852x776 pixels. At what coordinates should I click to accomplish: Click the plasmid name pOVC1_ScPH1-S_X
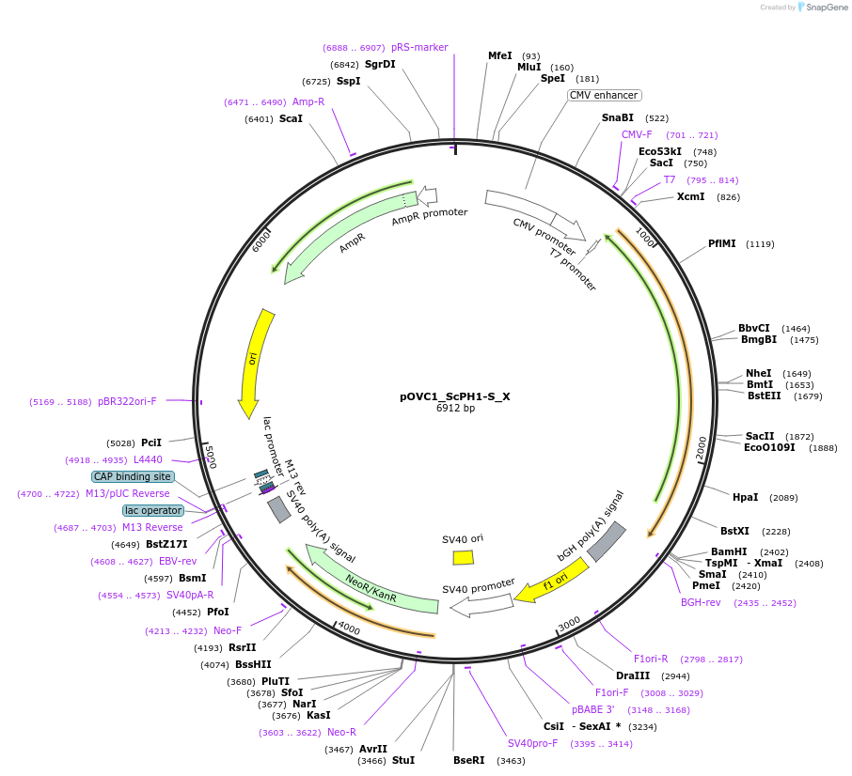pyautogui.click(x=455, y=396)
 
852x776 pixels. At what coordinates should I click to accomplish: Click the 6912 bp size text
pyautogui.click(x=455, y=409)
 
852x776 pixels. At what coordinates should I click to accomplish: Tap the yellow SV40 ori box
pyautogui.click(x=463, y=557)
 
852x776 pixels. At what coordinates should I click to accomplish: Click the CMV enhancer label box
pyautogui.click(x=604, y=95)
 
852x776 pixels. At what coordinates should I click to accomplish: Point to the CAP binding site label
pyautogui.click(x=133, y=476)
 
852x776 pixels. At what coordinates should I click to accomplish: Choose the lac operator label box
pyautogui.click(x=153, y=510)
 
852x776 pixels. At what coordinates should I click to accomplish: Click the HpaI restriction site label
pyautogui.click(x=745, y=497)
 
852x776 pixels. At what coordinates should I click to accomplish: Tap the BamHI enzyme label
pyautogui.click(x=729, y=551)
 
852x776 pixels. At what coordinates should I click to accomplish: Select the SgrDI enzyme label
pyautogui.click(x=380, y=65)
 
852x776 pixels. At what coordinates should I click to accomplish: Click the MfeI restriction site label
pyautogui.click(x=500, y=56)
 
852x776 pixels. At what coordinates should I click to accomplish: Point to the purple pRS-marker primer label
pyautogui.click(x=419, y=47)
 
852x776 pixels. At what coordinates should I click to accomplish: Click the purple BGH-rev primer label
pyautogui.click(x=701, y=602)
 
